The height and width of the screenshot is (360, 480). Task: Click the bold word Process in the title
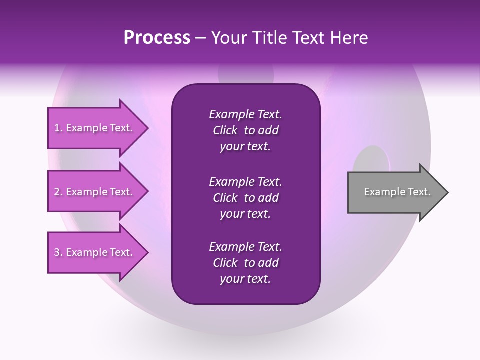tap(157, 38)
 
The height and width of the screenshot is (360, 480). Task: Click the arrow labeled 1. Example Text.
tap(95, 128)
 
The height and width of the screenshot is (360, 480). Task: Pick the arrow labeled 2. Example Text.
tap(95, 192)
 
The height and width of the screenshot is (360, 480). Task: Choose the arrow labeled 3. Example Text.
tap(95, 252)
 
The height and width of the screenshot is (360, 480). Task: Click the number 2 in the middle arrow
tap(57, 192)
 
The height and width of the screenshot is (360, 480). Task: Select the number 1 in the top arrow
tap(57, 128)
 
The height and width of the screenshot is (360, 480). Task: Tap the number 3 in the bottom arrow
tap(57, 252)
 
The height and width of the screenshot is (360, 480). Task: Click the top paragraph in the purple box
tap(245, 130)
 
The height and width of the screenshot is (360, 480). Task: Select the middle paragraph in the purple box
tap(245, 198)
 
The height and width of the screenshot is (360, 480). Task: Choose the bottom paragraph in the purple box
tap(245, 263)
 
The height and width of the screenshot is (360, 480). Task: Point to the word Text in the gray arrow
tap(419, 192)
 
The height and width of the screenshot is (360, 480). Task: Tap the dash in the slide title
tap(200, 38)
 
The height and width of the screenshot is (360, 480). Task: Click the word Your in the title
tap(227, 38)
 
